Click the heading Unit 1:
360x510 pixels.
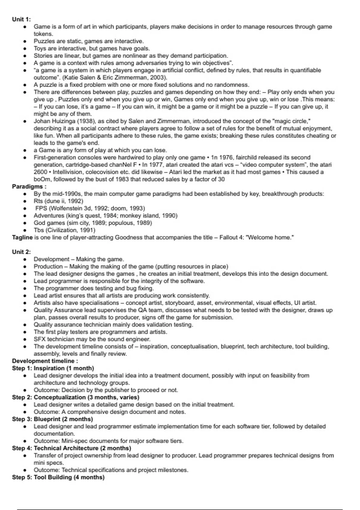click(21, 19)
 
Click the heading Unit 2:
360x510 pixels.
click(21, 252)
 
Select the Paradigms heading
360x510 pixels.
click(29, 187)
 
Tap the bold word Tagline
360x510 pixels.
click(22, 238)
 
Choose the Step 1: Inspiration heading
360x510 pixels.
click(53, 368)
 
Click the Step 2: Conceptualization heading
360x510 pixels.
click(76, 397)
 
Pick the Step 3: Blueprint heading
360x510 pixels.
click(52, 419)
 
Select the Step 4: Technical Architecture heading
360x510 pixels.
click(71, 448)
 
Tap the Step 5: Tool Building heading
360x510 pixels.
click(58, 478)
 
